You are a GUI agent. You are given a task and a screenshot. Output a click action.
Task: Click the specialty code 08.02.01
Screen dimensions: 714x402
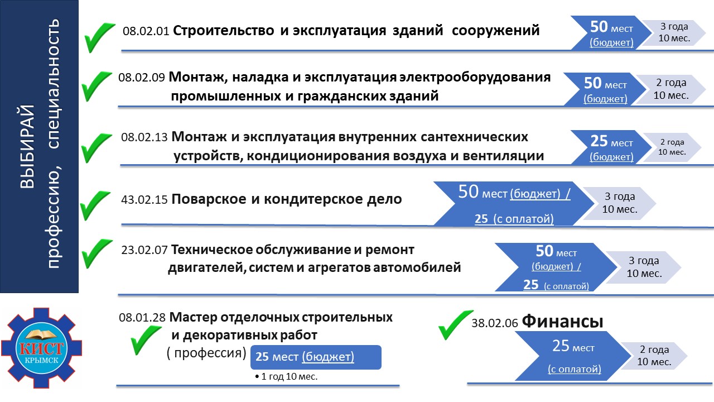coord(146,31)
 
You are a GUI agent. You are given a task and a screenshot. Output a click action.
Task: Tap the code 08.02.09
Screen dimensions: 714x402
coord(142,78)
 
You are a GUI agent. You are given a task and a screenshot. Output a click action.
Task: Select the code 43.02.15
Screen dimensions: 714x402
coord(144,200)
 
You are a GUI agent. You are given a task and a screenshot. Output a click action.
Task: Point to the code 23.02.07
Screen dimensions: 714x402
coord(144,250)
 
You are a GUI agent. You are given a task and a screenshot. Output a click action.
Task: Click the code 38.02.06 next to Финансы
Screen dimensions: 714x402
coord(495,323)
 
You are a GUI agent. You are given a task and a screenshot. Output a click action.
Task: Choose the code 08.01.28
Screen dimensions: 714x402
coord(142,318)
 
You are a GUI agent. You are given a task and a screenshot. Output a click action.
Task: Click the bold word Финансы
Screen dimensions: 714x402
coord(562,321)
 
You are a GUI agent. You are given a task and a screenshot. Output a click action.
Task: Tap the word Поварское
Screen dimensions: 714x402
coord(209,199)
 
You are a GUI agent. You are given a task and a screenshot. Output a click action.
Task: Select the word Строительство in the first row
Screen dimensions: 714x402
coord(224,31)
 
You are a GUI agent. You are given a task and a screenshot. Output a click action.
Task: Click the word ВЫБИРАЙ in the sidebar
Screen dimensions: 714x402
coord(27,146)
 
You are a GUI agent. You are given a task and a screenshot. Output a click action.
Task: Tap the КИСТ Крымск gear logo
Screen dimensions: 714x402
coord(42,348)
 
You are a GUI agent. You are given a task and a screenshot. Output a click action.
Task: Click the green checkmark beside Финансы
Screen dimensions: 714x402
coord(456,325)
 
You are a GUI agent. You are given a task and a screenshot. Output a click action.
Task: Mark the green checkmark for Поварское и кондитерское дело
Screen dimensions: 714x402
coord(95,205)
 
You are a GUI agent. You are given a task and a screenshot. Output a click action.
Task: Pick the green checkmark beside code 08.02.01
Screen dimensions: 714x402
coord(99,37)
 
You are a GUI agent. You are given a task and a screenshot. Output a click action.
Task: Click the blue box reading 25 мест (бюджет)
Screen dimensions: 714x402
coord(316,357)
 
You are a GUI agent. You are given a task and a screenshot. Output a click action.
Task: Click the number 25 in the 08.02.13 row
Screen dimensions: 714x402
coord(599,141)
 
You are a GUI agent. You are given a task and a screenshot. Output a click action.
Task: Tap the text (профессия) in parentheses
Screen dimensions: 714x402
coord(206,353)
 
